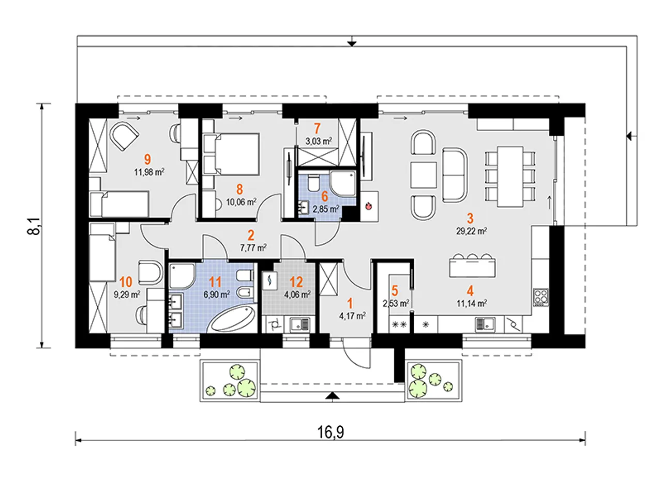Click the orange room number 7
pos(317,129)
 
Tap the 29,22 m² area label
pos(471,231)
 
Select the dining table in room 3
pos(510,177)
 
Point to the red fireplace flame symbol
pos(368,206)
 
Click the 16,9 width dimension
pos(330,432)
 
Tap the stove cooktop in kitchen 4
pos(541,297)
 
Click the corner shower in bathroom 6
pos(343,184)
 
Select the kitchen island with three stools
pos(472,265)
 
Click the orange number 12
pos(296,282)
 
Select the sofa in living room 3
pos(455,175)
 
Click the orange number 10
pos(126,282)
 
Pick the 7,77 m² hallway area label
pos(253,247)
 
